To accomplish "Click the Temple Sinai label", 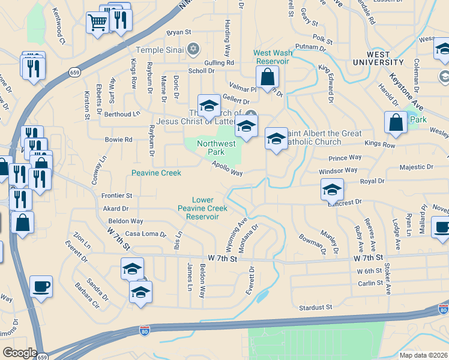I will pyautogui.click(x=159, y=50).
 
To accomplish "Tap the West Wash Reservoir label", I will pyautogui.click(x=273, y=57).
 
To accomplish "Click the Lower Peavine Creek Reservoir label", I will pyautogui.click(x=202, y=208).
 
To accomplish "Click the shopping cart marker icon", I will pyautogui.click(x=97, y=23).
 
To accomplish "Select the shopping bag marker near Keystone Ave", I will pyautogui.click(x=396, y=123).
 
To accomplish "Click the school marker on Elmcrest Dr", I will pyautogui.click(x=332, y=190).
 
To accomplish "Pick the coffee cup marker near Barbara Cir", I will pyautogui.click(x=41, y=287).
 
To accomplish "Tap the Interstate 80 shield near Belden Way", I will pyautogui.click(x=144, y=329).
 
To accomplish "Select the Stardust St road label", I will pyautogui.click(x=315, y=307).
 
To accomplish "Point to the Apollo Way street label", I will pyautogui.click(x=227, y=170).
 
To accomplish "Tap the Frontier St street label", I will pyautogui.click(x=116, y=196).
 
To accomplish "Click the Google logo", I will pyautogui.click(x=19, y=353).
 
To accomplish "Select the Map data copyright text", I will pyautogui.click(x=424, y=355).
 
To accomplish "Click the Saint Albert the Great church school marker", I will pyautogui.click(x=276, y=140).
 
